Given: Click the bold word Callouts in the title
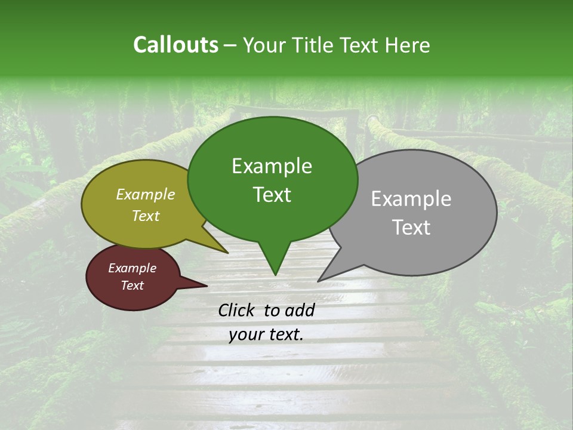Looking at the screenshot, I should pos(175,45).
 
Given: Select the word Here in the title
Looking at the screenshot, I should pos(408,45).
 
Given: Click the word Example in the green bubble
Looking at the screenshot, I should pos(272,166).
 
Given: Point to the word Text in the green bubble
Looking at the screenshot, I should pos(272,195).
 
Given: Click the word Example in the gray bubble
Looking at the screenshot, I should pos(411,199).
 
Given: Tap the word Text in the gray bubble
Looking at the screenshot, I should pos(412,228).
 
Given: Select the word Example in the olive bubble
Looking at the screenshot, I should pos(146,194).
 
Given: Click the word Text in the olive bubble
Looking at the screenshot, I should pos(146,216).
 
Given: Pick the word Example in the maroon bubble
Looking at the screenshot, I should pos(132,268).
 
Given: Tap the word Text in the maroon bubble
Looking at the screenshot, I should pos(132,285).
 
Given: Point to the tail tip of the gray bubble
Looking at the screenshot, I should pos(319,280).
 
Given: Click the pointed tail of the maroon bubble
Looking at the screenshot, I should pos(206,285).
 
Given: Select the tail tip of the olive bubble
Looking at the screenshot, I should pos(227,252).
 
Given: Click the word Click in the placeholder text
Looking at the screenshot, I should pos(237,310).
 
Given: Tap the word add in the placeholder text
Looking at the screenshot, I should pos(300,310).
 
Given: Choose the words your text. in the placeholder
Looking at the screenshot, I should pos(266,335).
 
